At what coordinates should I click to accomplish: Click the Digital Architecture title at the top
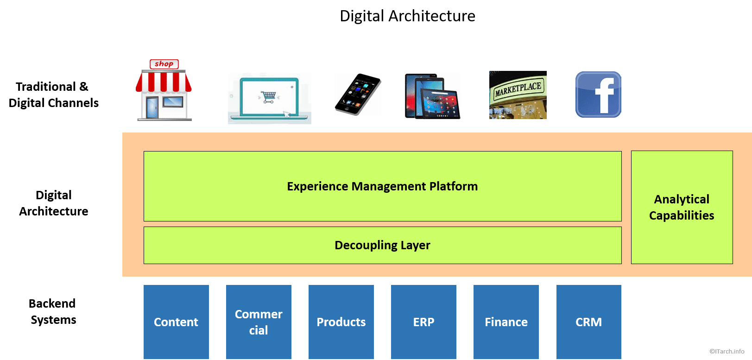tap(407, 16)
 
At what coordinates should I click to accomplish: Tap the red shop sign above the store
tap(164, 64)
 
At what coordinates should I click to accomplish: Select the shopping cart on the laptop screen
tap(269, 97)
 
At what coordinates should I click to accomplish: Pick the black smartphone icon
tap(358, 94)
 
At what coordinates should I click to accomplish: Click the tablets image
tap(432, 96)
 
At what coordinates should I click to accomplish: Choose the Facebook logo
tap(598, 95)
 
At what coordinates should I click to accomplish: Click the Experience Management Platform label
tap(382, 186)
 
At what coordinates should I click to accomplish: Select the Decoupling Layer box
tap(382, 245)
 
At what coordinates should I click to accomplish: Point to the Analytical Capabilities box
tap(682, 207)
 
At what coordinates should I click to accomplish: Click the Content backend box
tap(176, 322)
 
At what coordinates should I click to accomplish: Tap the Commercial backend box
tap(259, 322)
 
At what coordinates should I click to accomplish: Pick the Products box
tap(341, 322)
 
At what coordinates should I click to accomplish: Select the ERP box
tap(423, 322)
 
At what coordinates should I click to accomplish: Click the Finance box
tap(506, 322)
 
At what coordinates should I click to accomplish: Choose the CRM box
tap(588, 322)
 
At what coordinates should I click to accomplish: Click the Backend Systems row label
tap(53, 311)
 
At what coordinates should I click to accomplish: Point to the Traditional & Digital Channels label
tap(53, 95)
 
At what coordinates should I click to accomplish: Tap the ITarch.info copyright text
tap(727, 351)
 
